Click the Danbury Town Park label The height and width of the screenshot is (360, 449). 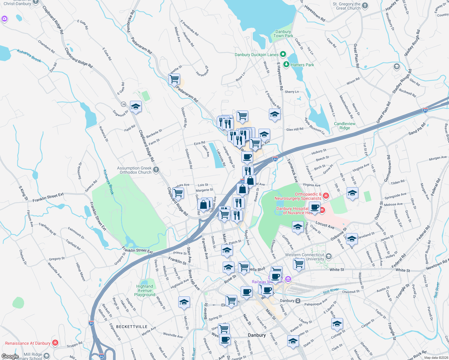(x=283, y=34)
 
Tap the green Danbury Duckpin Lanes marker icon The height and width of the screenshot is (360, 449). (x=283, y=54)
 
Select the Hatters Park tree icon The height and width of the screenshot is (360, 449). (x=286, y=64)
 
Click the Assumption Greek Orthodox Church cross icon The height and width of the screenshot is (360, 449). (x=156, y=170)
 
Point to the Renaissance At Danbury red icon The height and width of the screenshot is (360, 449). (x=55, y=343)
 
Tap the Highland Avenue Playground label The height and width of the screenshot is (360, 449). (x=145, y=290)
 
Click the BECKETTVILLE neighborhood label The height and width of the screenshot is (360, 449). (x=132, y=326)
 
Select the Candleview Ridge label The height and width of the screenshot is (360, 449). (x=345, y=126)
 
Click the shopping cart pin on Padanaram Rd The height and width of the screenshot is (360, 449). (x=174, y=79)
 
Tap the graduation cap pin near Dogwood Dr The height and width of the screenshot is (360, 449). (x=136, y=106)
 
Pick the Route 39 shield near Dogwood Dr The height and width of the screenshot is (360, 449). (x=123, y=104)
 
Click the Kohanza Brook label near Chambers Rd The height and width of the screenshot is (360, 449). (x=29, y=55)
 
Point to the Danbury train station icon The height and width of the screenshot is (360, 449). (x=298, y=301)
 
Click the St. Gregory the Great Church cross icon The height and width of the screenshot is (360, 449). (x=365, y=5)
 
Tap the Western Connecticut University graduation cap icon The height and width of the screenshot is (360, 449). (x=328, y=256)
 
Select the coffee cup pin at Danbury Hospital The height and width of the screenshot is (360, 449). (x=315, y=207)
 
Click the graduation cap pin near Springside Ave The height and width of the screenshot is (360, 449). (x=352, y=193)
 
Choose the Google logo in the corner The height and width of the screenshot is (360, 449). (x=10, y=356)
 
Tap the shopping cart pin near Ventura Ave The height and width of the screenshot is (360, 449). (x=178, y=193)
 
